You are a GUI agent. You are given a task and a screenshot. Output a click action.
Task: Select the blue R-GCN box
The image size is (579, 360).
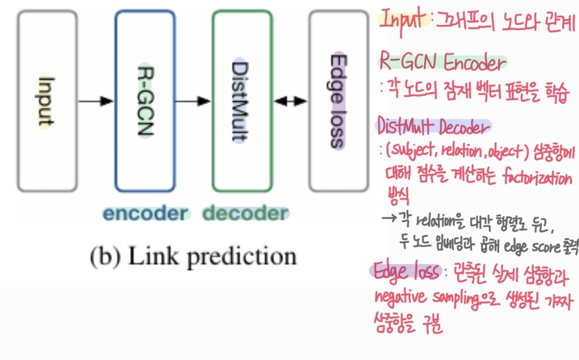(145, 101)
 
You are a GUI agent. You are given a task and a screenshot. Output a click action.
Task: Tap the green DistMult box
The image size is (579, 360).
(242, 101)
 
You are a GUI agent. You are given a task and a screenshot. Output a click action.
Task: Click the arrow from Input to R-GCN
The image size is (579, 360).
(96, 100)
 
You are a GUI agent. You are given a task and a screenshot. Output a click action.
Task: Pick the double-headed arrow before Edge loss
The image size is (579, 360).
(290, 101)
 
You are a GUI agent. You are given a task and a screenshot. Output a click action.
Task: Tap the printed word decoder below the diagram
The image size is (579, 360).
(245, 213)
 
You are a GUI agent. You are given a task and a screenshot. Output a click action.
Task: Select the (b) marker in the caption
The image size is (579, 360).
(101, 256)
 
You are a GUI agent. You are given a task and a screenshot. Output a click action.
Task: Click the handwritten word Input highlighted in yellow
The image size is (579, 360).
(404, 20)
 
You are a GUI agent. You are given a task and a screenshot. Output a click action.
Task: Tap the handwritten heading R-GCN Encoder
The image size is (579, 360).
(441, 63)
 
